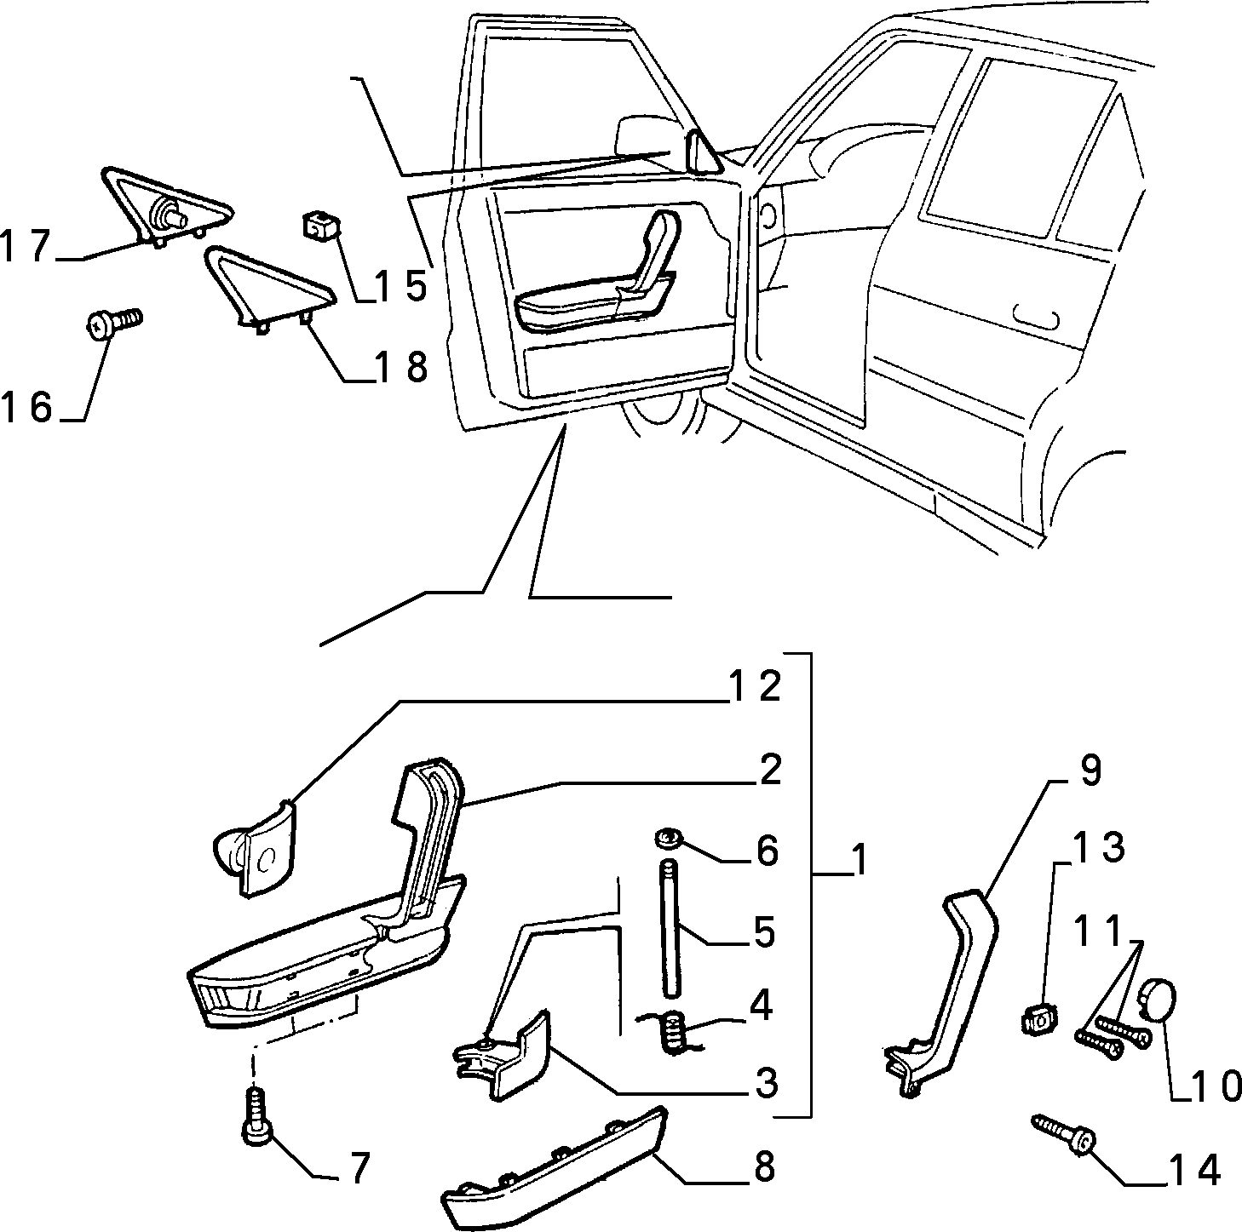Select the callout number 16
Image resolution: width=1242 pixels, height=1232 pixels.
click(x=26, y=407)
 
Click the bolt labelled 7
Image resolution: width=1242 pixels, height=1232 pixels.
click(x=257, y=1125)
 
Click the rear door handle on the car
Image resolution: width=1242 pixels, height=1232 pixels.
click(x=1037, y=318)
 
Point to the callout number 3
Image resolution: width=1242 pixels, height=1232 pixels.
click(x=766, y=1084)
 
